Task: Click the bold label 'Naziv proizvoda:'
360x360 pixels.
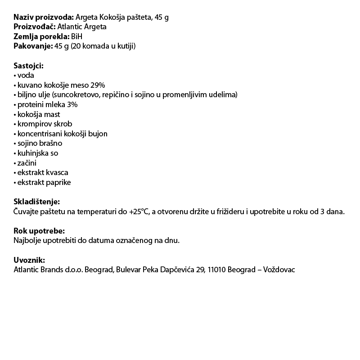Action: [44, 17]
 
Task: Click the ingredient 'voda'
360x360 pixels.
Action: [26, 76]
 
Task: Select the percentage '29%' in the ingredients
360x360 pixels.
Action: [97, 85]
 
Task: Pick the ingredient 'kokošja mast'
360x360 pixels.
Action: [39, 114]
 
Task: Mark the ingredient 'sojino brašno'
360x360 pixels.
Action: [40, 144]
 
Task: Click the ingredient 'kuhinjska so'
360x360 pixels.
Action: [38, 153]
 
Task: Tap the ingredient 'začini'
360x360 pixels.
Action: [27, 163]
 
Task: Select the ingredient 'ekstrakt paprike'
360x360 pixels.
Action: [44, 182]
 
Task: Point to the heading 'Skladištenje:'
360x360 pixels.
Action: [36, 202]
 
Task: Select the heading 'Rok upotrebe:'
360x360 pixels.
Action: [39, 231]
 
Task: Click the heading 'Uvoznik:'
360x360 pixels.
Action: [29, 260]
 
